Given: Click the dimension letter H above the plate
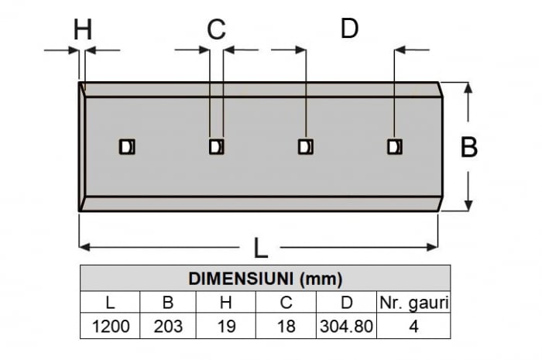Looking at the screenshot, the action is point(83,29).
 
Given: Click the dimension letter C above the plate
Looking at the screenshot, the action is point(216,29).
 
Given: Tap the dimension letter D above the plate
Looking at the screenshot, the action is point(349,28).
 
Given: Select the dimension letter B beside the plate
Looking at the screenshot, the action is point(469,147).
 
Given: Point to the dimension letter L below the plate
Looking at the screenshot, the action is point(261,248).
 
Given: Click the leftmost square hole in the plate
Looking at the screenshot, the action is point(127,147).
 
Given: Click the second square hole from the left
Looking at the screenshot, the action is point(217,147).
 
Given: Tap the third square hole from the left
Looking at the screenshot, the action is point(306,147).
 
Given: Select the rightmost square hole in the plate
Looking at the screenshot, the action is point(395,147).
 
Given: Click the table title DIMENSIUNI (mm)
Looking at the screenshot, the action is point(265,279).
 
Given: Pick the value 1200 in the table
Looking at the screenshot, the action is point(111,326).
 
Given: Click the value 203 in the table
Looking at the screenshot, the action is point(168,326).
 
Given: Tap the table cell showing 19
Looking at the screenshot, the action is point(226,326).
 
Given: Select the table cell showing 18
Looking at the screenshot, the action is point(286,326).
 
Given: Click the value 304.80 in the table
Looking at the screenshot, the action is point(346,326).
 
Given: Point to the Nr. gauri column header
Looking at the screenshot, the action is point(414,303).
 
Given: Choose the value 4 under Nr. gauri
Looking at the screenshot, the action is point(413,326).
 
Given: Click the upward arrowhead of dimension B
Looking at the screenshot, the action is point(468,87).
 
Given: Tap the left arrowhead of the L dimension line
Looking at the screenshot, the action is point(84,247).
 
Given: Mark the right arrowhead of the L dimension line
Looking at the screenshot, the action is point(432,247).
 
